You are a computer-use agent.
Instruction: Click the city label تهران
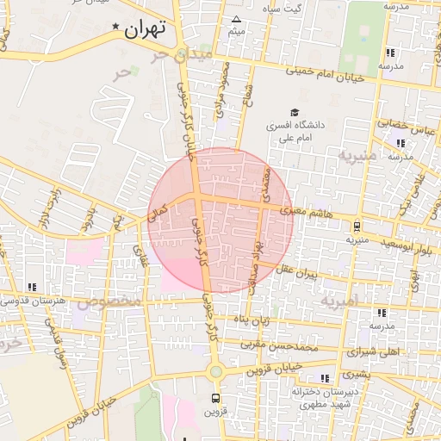[x=144, y=28]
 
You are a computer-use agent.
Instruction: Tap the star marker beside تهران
[x=117, y=28]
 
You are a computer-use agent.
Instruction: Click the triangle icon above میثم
[x=237, y=19]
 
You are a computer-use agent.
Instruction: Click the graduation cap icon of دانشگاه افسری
[x=295, y=113]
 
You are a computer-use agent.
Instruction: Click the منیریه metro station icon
[x=357, y=227]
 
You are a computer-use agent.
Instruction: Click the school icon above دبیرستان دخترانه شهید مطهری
[x=324, y=378]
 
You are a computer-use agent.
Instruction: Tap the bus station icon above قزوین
[x=215, y=398]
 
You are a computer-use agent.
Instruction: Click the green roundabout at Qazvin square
[x=214, y=372]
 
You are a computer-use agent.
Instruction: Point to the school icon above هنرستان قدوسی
[x=33, y=287]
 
